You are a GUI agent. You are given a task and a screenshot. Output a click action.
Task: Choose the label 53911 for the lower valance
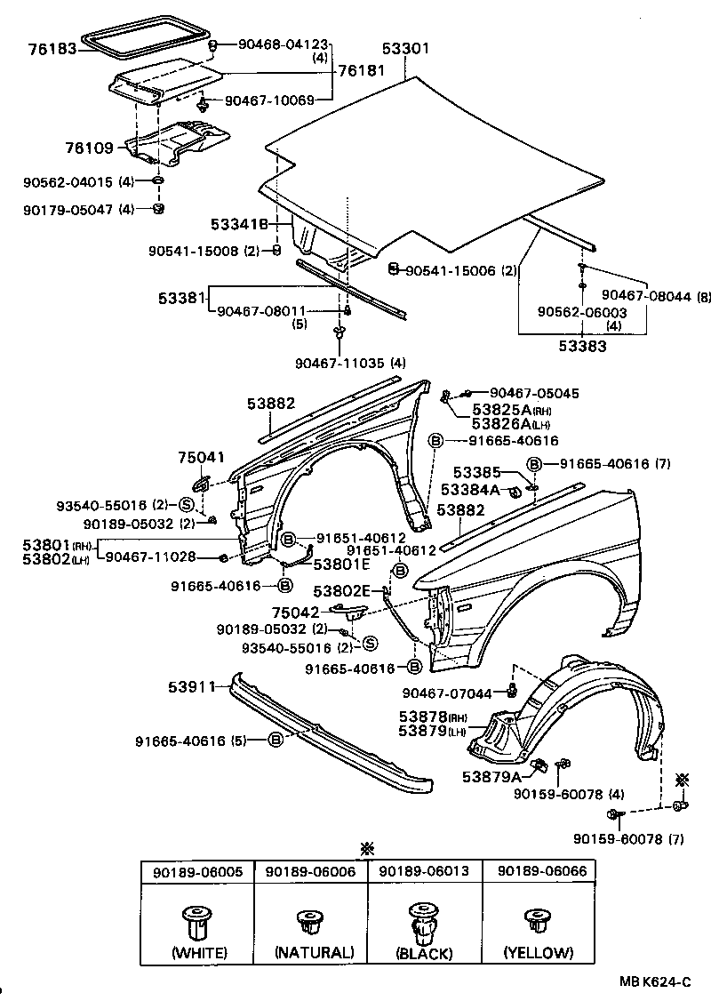pos(188,687)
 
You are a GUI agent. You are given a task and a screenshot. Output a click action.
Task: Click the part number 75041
pos(201,456)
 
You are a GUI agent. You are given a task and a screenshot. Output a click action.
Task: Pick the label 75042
pos(296,612)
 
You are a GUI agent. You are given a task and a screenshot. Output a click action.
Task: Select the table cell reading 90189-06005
pos(197,872)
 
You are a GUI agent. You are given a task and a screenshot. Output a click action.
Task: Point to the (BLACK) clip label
pos(425,953)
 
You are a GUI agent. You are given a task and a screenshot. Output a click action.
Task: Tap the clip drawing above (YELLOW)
pos(537,921)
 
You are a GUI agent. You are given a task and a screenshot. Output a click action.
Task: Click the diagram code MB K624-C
pos(655,981)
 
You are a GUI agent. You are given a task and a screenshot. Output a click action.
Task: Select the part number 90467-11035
pos(340,362)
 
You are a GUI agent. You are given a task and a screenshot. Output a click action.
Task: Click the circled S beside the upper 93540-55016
pos(187,504)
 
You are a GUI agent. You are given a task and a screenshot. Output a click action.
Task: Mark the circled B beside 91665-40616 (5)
pos(275,740)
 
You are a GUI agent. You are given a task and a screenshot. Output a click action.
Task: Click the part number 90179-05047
pos(68,210)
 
